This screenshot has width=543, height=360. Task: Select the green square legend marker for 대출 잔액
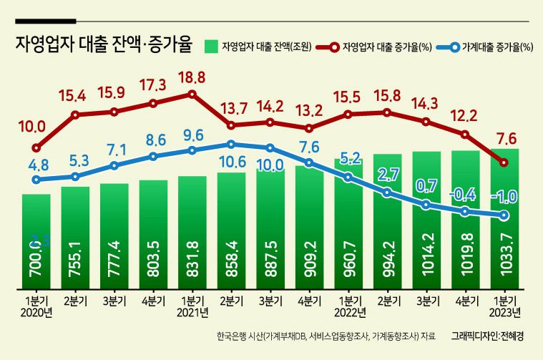210,47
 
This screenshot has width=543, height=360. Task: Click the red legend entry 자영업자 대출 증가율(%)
387,47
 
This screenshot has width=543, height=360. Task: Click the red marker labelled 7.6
504,162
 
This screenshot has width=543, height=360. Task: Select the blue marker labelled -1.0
504,215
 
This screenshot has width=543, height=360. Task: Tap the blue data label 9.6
192,135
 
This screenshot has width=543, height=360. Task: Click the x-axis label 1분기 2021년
192,306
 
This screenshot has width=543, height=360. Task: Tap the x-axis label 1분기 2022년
348,306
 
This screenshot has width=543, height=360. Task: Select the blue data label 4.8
39,164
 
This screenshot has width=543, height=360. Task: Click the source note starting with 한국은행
326,335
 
